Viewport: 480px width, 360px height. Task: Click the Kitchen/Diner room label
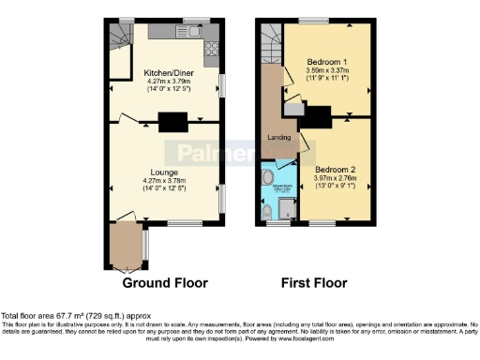click(x=168, y=71)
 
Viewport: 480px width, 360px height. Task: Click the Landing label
click(x=278, y=138)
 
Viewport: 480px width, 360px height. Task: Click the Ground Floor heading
click(x=165, y=282)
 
